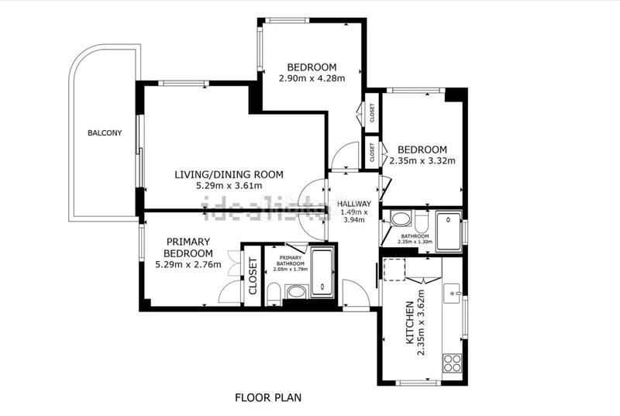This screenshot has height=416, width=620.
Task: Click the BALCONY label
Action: point(105,133)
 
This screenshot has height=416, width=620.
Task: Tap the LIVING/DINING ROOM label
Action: point(229,174)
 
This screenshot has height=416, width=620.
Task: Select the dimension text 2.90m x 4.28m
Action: point(312,78)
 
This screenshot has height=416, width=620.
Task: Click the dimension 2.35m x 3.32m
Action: point(422,161)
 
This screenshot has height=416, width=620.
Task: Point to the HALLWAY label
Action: point(354,204)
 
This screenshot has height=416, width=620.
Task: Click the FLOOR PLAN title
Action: point(268,397)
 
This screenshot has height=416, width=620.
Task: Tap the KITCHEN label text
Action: point(410,322)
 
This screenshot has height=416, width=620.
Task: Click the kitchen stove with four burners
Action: point(452,363)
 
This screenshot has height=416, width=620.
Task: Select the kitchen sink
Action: point(452,294)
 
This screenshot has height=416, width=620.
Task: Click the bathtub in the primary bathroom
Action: point(322,272)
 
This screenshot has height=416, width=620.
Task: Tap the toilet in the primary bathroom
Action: point(274,294)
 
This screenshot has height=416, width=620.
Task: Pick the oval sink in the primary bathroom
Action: point(296,292)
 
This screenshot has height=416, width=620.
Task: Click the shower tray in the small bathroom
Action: point(449,232)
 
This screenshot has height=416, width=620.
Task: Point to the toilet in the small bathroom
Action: point(422,222)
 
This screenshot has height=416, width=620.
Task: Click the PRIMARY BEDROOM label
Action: point(188,248)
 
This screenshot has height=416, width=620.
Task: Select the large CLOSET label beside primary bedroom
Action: point(253,276)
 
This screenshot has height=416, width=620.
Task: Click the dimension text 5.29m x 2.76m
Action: point(188,265)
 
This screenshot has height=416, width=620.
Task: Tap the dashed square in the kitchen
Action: point(394,270)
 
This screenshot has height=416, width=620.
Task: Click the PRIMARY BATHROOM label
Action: point(291,261)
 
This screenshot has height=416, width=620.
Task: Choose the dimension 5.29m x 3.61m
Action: point(229,186)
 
